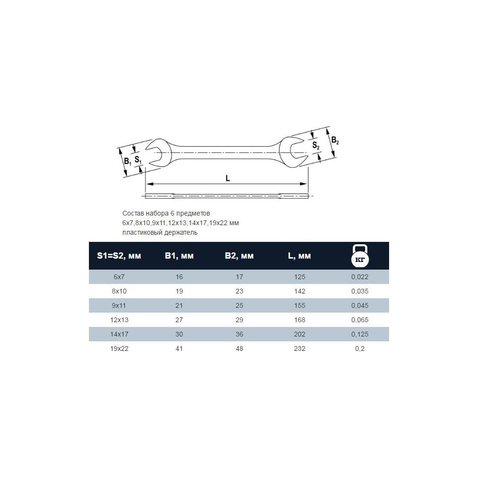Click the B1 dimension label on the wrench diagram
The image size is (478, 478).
(x=128, y=161)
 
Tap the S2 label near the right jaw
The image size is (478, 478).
(x=316, y=145)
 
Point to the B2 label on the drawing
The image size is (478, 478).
(x=335, y=141)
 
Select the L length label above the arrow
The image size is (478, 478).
(x=228, y=178)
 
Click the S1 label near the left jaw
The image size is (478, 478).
(x=138, y=160)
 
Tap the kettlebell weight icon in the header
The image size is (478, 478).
(x=360, y=256)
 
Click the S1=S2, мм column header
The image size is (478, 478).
(x=119, y=256)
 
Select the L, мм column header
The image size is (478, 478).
(x=299, y=256)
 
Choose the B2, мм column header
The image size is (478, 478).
(x=239, y=256)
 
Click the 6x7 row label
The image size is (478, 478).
(x=119, y=277)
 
